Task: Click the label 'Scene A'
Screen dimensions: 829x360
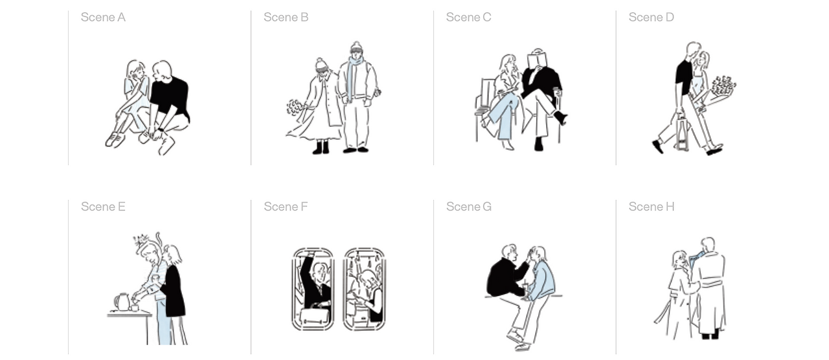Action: click(x=103, y=17)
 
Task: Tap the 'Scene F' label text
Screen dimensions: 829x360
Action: click(x=286, y=207)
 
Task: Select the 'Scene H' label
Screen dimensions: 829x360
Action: click(x=652, y=207)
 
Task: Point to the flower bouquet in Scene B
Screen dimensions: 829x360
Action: click(x=295, y=107)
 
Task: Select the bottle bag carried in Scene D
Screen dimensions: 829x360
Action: click(x=683, y=133)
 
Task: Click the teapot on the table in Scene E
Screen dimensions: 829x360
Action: click(x=122, y=302)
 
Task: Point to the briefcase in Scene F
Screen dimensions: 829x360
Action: click(x=314, y=315)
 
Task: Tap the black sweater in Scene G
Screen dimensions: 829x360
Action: click(x=505, y=276)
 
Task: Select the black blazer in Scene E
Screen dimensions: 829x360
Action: click(x=174, y=291)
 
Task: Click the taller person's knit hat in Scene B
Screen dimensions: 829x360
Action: click(x=356, y=48)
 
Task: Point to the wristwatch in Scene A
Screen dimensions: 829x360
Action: click(x=161, y=129)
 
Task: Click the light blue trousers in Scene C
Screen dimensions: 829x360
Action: click(x=503, y=117)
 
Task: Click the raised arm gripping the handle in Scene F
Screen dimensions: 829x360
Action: click(x=306, y=270)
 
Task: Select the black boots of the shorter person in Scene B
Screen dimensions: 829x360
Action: click(x=321, y=147)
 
